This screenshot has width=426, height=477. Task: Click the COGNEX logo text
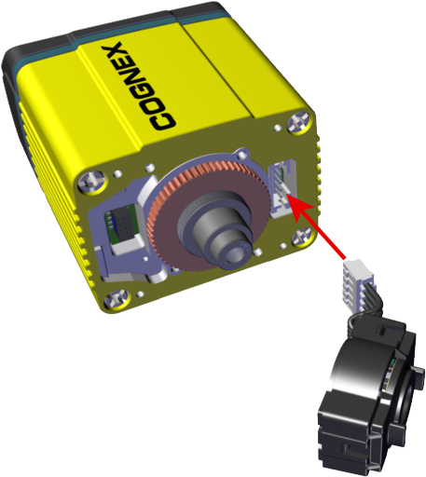139,87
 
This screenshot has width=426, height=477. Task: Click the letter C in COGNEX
163,120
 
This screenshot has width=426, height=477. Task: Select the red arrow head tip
287,196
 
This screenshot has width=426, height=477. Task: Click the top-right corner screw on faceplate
299,123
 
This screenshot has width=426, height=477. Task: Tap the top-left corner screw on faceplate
92,182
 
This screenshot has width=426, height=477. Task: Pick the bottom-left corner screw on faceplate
117,300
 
